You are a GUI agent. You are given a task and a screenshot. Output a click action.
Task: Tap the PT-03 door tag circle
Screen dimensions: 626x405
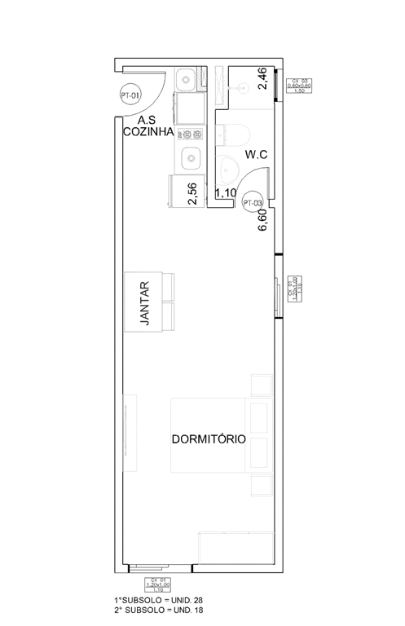pos(253,203)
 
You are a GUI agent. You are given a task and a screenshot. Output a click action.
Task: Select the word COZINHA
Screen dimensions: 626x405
pos(147,133)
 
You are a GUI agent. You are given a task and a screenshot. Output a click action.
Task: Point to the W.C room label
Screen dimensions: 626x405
pos(256,154)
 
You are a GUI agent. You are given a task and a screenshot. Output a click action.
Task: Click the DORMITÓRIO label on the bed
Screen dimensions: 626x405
pos(209,439)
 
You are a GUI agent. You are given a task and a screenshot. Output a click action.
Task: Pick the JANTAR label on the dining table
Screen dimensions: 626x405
pos(145,303)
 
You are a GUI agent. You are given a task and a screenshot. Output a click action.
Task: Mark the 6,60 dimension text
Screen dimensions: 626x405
pos(263,220)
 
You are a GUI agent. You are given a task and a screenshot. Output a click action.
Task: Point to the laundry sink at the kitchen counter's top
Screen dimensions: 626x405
pos(187,80)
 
